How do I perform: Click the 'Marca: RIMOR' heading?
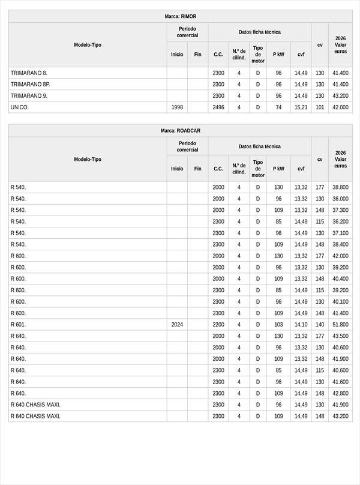point(180,16)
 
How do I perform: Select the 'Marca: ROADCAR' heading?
point(180,131)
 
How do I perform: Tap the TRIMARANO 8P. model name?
point(30,84)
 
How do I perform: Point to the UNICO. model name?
point(19,107)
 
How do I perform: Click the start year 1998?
point(177,107)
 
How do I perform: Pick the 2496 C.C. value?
point(218,107)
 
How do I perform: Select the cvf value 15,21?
point(301,107)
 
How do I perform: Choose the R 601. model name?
point(18,325)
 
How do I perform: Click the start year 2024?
point(177,325)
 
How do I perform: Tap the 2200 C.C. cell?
point(218,325)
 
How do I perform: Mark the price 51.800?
point(340,325)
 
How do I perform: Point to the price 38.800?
point(340,187)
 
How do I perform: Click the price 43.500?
point(340,336)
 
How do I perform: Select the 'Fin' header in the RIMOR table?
point(197,54)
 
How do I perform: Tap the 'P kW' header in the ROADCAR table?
point(278,169)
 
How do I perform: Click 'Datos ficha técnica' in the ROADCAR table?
point(259,146)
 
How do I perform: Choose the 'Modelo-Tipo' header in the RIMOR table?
point(88,45)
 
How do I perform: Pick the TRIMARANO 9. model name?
point(29,96)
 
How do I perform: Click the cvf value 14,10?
point(301,325)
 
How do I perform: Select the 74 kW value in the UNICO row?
point(278,107)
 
